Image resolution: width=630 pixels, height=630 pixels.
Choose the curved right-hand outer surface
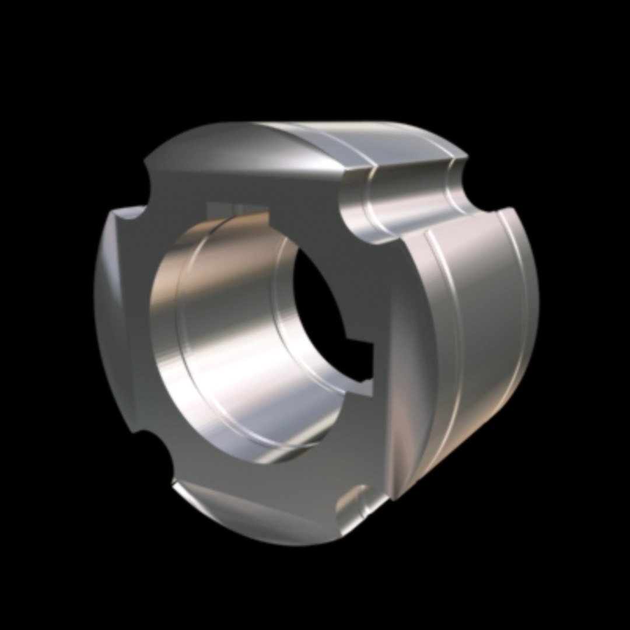tap(478, 327)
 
